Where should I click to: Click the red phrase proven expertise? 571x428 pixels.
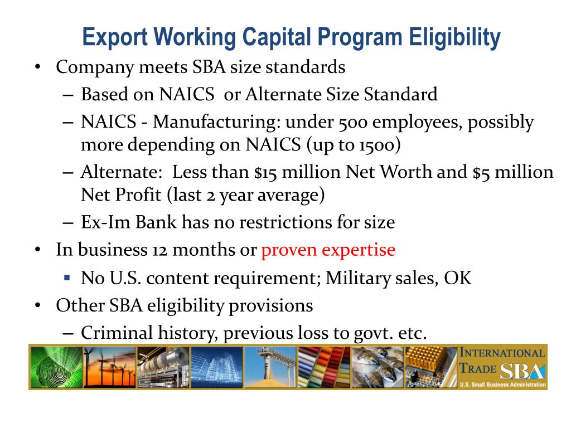point(328,249)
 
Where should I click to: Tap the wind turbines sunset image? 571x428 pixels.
point(109,367)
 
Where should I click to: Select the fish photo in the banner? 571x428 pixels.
point(377,367)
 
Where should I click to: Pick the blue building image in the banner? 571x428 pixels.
point(216,367)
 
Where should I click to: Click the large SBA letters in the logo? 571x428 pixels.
point(522,372)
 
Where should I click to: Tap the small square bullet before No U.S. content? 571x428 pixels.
point(67,277)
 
